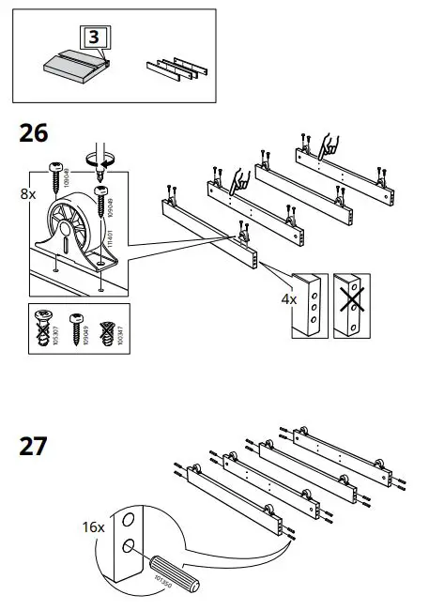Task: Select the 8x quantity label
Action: (28, 195)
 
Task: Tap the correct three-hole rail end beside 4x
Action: (307, 306)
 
